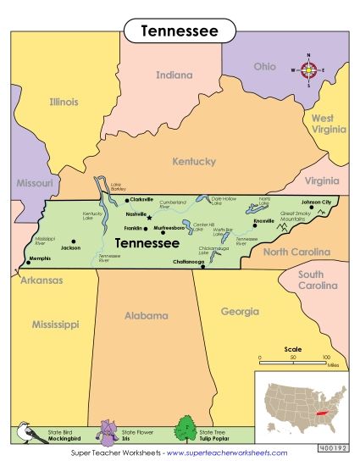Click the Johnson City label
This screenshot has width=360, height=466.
coord(317,202)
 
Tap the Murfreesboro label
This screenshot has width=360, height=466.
coord(169,228)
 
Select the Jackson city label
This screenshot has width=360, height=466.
coord(70,247)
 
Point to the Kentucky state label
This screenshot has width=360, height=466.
coord(194,161)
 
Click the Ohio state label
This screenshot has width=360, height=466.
coord(265,66)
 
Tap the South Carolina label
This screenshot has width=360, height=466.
coord(310,280)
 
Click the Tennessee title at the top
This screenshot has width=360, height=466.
coord(180,31)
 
